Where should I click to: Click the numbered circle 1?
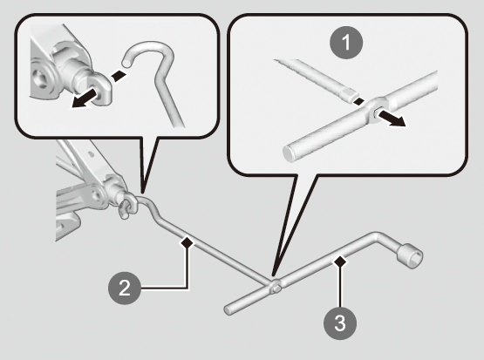coord(346,42)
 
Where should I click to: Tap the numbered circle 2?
coord(125,289)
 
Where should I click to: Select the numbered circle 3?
coord(340,323)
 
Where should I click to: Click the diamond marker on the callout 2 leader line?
coord(187,241)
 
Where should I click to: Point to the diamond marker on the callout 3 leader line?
coord(340,262)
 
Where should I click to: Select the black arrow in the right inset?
coord(392,119)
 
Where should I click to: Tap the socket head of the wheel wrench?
coord(410,255)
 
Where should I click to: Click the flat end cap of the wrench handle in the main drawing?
coord(228,310)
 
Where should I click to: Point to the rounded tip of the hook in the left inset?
coord(126,63)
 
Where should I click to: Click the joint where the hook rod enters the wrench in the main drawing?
coord(276,285)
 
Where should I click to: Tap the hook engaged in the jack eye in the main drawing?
coord(128,206)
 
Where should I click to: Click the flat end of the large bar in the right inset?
coord(289,154)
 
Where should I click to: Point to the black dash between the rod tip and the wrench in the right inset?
coord(358,101)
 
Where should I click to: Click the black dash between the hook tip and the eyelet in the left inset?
coord(119,76)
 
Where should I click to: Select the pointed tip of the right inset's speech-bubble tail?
coord(273,275)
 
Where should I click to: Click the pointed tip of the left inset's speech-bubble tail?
coord(143,194)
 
